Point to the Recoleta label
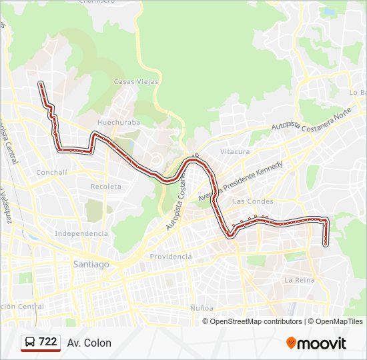point(106,186)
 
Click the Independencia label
point(81,233)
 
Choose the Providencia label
point(170,256)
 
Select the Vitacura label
point(235,151)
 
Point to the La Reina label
point(299,280)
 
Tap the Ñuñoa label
point(201,308)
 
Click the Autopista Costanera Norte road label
point(311,120)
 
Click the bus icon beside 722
point(30,342)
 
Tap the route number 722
point(48,342)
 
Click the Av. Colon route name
point(89,343)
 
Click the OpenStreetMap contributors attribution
point(256,321)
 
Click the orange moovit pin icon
point(292,343)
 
